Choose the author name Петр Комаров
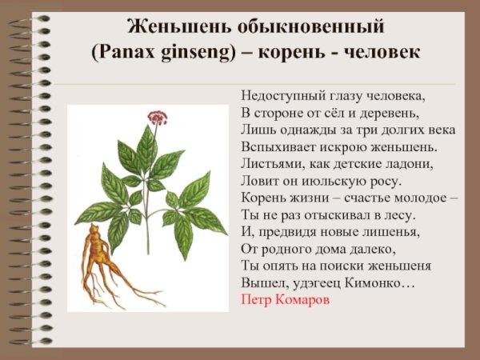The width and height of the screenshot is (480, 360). click(x=284, y=300)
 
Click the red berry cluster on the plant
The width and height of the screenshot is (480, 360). click(x=156, y=118)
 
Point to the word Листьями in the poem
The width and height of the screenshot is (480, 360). click(x=270, y=163)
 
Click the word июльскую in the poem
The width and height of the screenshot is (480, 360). click(x=345, y=180)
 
